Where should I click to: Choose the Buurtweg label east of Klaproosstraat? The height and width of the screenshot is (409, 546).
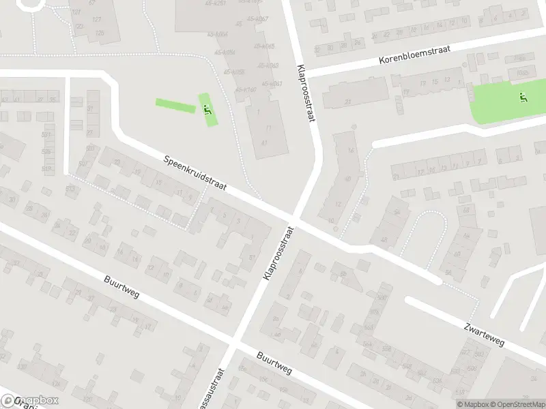tap(274, 363)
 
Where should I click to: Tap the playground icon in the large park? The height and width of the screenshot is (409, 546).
tap(523, 98)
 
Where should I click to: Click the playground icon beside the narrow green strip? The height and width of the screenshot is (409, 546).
tap(207, 108)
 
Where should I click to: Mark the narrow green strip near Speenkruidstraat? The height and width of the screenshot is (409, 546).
tap(175, 106)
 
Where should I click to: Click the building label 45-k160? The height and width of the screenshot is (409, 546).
tap(246, 89)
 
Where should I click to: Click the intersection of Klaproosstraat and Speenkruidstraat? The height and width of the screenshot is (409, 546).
tap(293, 218)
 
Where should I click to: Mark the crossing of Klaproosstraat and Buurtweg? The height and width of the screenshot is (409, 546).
tap(235, 344)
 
